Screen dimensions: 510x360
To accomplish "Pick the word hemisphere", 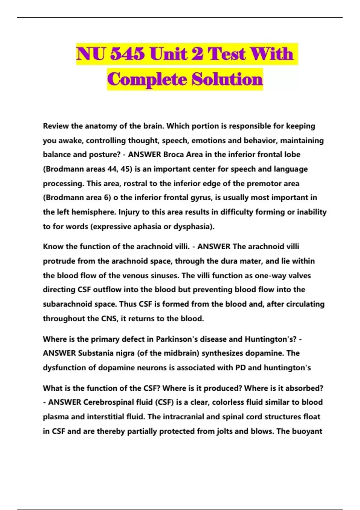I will (x=94, y=212).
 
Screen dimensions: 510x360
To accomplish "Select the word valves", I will (x=298, y=275).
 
